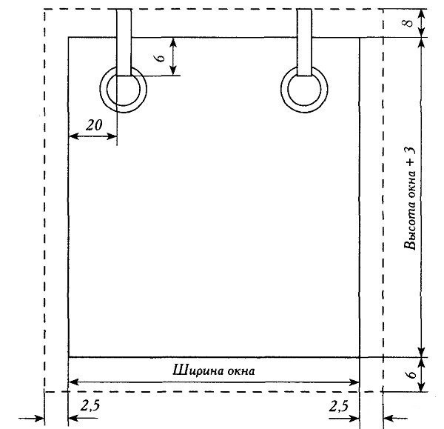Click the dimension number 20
click(x=94, y=124)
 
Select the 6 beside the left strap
click(x=161, y=58)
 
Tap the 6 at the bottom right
click(x=411, y=374)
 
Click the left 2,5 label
click(x=90, y=405)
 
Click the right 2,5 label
click(x=339, y=407)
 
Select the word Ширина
click(x=194, y=370)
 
